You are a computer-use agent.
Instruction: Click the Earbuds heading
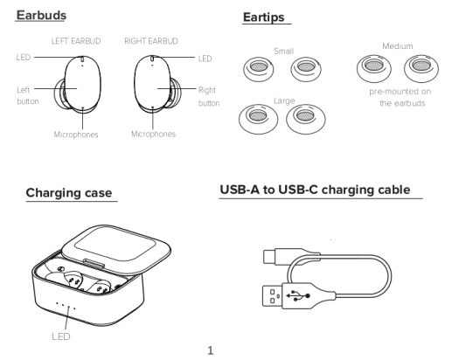point(41,15)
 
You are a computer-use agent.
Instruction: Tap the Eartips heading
point(263,17)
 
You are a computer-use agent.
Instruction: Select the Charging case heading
point(69,193)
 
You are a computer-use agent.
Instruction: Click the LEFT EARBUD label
point(76,41)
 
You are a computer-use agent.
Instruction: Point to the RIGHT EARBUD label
point(151,41)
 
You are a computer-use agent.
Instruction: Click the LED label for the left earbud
point(24,58)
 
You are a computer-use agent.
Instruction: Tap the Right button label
point(209,96)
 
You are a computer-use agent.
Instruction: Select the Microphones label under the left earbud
point(76,135)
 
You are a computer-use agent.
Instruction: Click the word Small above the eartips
point(283,52)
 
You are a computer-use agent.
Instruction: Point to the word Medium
point(398,46)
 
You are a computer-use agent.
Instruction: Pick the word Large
point(284,101)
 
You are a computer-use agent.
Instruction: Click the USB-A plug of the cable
point(272,296)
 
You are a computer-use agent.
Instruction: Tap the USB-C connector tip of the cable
point(268,257)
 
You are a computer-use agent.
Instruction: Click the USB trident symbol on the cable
point(298,295)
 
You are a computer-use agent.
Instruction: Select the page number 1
point(210,350)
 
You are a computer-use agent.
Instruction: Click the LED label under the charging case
point(61,336)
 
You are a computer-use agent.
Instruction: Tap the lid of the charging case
point(116,248)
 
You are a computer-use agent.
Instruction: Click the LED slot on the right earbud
point(152,59)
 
